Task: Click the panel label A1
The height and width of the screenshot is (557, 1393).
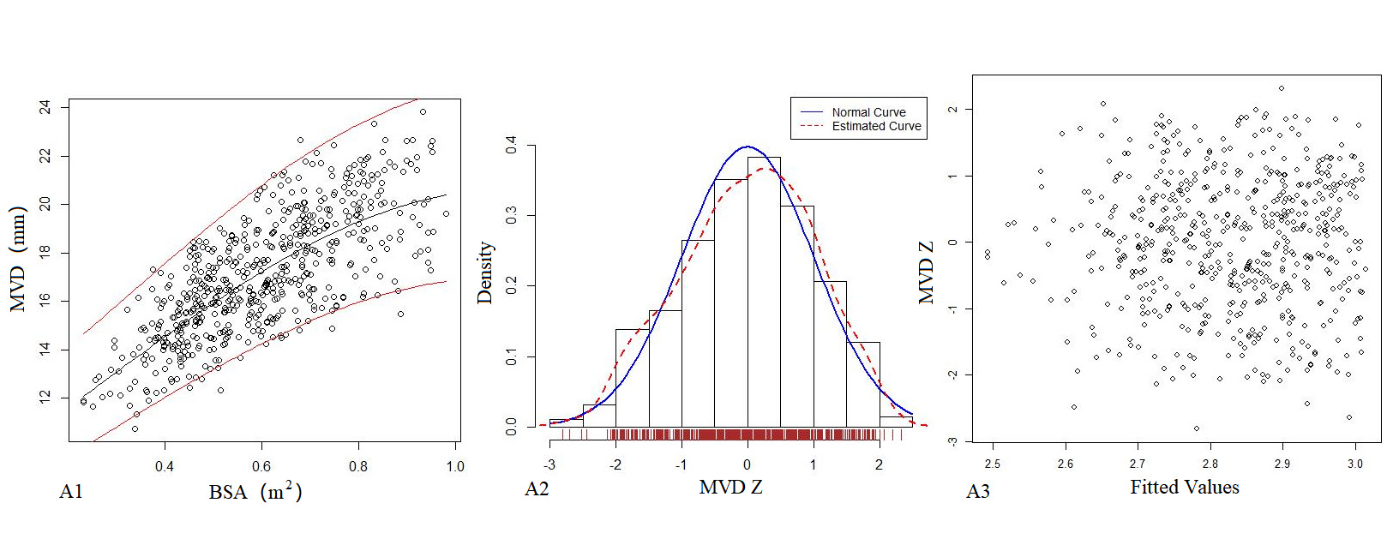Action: click(x=71, y=491)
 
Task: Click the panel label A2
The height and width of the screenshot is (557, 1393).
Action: click(x=537, y=488)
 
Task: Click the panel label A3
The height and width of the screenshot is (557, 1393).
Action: click(x=978, y=491)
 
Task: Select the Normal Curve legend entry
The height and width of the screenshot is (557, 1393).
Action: click(x=868, y=112)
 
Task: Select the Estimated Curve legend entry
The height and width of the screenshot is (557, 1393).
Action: click(x=876, y=126)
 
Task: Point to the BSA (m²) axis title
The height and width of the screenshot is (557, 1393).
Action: click(x=255, y=491)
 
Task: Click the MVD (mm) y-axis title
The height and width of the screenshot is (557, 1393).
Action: click(x=18, y=259)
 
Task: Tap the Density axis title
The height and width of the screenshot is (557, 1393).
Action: click(x=485, y=273)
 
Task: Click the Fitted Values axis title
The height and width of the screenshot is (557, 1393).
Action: click(x=1184, y=487)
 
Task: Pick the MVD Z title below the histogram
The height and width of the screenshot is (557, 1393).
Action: click(x=730, y=487)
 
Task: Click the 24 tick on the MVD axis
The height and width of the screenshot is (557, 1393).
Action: click(x=45, y=107)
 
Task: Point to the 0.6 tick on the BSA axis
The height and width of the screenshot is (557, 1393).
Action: click(x=261, y=466)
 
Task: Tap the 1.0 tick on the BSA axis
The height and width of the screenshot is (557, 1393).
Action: click(x=455, y=466)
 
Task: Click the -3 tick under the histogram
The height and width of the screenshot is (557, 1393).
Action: click(x=549, y=464)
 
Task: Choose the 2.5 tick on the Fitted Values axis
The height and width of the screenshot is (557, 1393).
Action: click(x=992, y=464)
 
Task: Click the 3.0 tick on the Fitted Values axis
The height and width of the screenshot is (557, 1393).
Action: click(x=1354, y=464)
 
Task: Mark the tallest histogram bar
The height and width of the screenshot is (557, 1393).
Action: click(x=764, y=291)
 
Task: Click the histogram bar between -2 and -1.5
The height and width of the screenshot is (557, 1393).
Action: click(x=632, y=377)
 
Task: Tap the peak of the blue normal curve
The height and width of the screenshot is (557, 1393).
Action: click(x=748, y=147)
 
